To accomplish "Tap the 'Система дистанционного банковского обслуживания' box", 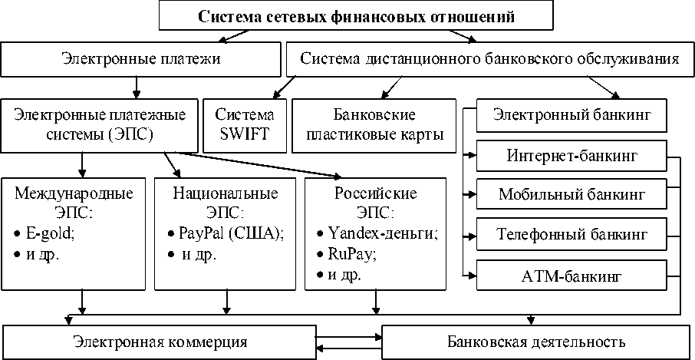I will pos(489,59).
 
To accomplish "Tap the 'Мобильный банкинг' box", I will pos(571,193).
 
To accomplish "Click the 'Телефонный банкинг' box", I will pos(571,231).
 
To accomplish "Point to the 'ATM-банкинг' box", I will pos(571,274).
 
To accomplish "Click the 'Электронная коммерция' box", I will pos(160,340).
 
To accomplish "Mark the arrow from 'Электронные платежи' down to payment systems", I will pos(136,84).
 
